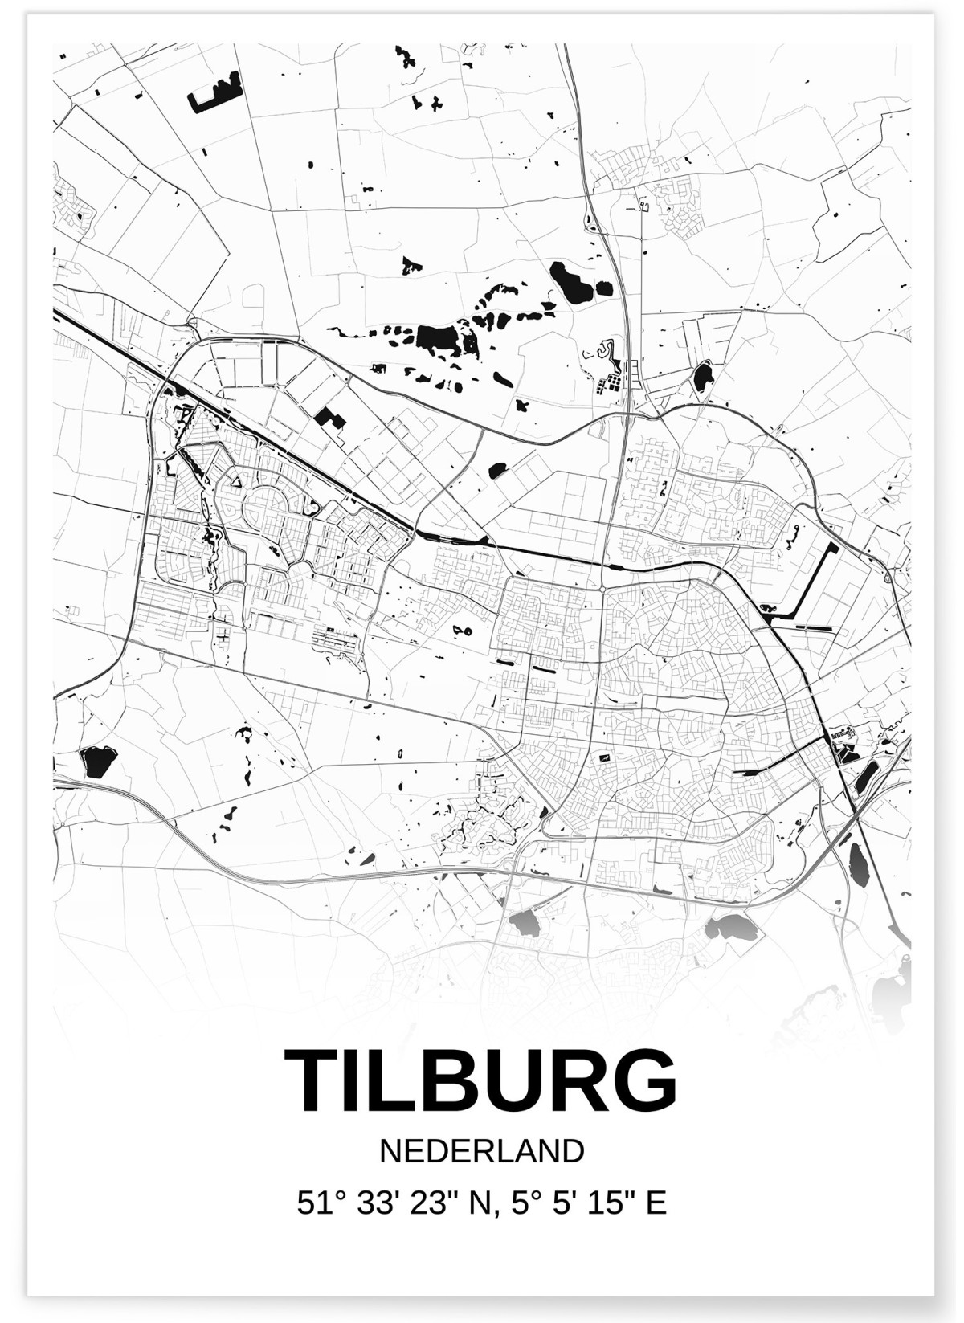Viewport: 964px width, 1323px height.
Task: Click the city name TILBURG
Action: coord(480,1081)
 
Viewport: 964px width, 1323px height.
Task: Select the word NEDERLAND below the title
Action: coord(481,1151)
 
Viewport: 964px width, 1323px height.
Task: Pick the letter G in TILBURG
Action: coord(642,1081)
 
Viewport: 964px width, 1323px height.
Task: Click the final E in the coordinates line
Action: coord(657,1203)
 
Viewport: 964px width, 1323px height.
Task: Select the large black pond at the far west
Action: coord(98,761)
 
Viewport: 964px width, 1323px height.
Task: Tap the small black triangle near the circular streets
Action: coord(237,480)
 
